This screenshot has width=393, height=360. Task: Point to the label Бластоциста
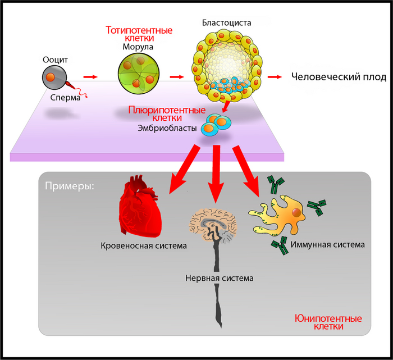pos(226,24)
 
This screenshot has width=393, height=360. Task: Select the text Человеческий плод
pos(339,77)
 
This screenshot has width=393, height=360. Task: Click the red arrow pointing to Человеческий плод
pos(275,77)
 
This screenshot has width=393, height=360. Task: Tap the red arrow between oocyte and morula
pos(90,76)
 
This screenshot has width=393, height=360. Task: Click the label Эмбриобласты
pos(167,129)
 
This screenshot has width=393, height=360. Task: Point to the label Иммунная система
pos(328,245)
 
